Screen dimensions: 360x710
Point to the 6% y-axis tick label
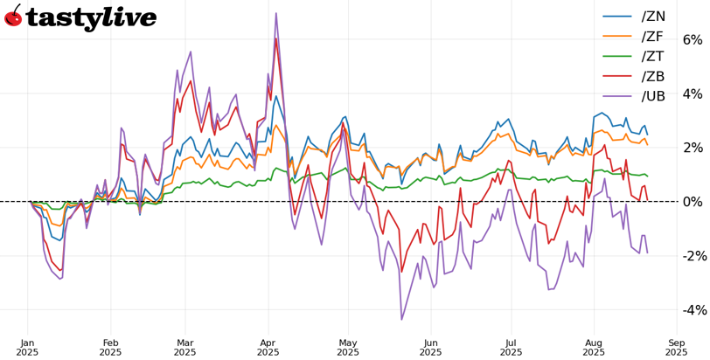(692, 39)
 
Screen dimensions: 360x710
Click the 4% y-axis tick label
(692, 93)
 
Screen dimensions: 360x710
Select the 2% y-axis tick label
(692, 148)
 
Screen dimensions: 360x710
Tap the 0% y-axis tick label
(692, 202)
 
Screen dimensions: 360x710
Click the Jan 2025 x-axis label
(27, 347)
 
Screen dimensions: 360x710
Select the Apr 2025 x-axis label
(268, 347)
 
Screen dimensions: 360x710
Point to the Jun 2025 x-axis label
(431, 347)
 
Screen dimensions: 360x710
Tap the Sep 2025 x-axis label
(676, 347)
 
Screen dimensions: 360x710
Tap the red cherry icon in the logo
(13, 16)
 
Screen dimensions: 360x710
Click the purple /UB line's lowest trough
(401, 320)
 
